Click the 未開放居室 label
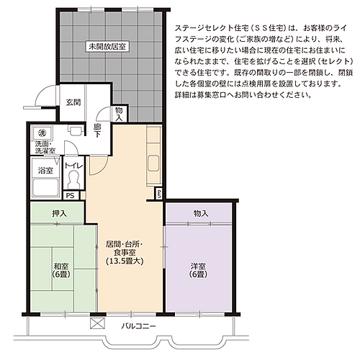pos(107,46)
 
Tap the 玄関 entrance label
pos(73,102)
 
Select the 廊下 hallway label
pos(96,130)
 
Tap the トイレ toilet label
pos(73,166)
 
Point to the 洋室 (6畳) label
pos(198,269)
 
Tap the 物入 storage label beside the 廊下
pos(119,113)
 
